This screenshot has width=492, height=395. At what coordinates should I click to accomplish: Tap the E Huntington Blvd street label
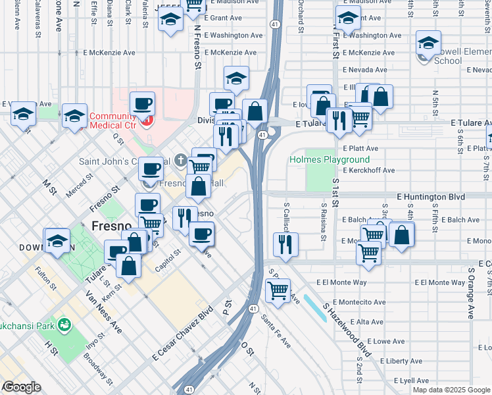(431, 197)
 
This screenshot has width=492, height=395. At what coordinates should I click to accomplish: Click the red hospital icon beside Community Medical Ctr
(147, 120)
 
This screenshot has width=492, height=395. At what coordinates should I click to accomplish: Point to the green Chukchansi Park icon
(64, 325)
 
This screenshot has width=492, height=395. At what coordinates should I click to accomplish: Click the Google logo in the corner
(21, 387)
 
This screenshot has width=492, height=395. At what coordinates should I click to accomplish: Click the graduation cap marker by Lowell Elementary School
(428, 43)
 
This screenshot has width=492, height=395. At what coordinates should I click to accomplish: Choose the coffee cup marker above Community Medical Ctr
(142, 103)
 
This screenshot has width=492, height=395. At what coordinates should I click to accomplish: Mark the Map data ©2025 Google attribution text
(451, 390)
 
